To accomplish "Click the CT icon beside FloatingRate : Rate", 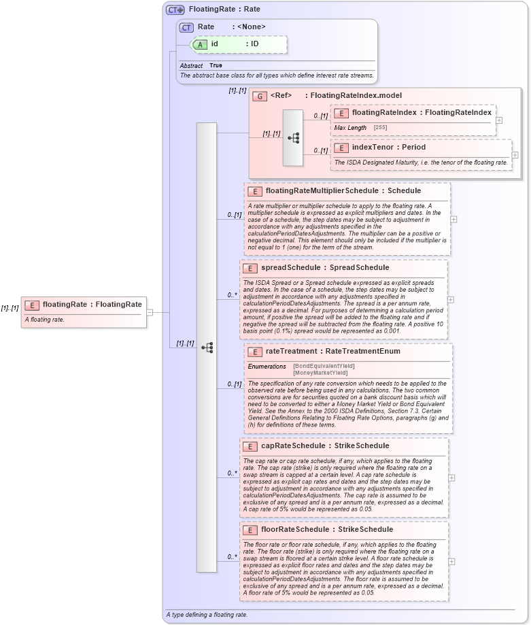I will point(175,10).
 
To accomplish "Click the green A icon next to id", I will point(200,44).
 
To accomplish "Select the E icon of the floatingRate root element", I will point(32,304).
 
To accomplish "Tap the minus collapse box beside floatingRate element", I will point(150,312).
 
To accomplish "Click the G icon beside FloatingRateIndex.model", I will point(259,96).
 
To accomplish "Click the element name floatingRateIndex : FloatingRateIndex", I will point(421,113).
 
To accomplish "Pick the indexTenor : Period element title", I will point(388,147).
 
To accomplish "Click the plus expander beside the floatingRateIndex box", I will point(500,120).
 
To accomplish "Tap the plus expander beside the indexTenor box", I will point(515,155).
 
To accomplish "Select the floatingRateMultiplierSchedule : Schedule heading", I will point(343,191).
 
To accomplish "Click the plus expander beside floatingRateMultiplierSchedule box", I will point(453,220).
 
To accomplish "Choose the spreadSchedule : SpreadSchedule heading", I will point(325,268).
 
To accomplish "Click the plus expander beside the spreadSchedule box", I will point(451,299).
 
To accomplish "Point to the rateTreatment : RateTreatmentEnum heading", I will point(332,352).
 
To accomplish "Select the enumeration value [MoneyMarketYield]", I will point(320,373).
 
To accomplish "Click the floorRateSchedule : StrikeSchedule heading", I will point(326,530).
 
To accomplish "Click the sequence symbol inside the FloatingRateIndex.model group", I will point(293,137).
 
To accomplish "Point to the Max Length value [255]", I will point(381,128).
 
